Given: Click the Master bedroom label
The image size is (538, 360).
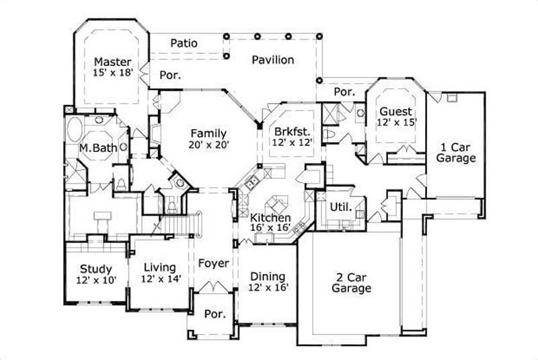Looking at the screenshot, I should pos(111,60).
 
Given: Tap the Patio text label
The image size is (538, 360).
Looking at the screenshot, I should pos(184,43).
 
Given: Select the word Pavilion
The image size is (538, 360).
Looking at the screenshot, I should pos(273,60).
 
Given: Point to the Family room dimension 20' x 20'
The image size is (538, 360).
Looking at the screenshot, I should pos(208,145).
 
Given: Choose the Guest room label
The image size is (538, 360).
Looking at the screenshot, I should pos(395,111).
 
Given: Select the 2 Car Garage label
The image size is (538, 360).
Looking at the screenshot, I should pos(351,283).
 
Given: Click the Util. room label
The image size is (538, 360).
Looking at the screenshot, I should pos(340,207).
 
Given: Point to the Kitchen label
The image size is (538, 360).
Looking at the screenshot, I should pos(270,218).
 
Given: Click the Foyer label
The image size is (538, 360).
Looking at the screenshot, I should pos(213,263).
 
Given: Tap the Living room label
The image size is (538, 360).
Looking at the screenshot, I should pos(159,267).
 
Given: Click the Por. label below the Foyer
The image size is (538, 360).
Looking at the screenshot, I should pos(215,314).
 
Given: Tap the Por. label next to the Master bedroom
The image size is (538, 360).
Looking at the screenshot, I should pos(170,75).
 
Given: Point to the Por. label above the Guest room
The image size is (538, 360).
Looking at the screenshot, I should pos(344,92).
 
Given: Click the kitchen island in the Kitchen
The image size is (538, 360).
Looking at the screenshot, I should pos(276,203).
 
